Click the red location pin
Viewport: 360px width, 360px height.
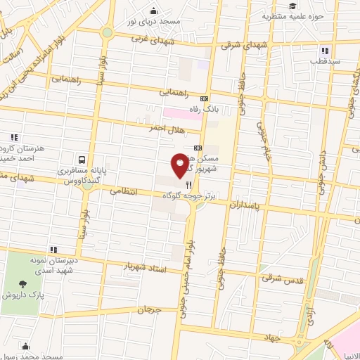(x=181, y=165)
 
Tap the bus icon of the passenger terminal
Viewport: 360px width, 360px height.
(x=83, y=160)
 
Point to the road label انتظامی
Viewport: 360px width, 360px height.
(x=129, y=191)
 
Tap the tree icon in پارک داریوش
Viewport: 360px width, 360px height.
(x=24, y=285)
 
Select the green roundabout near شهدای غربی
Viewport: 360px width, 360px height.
(x=107, y=32)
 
